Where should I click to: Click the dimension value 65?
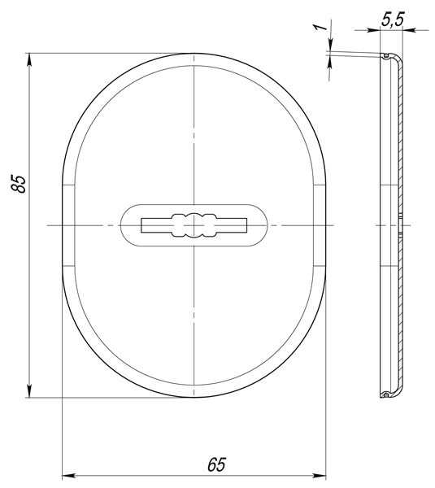(215, 464)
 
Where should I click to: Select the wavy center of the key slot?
(194, 224)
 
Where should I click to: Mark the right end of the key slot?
(246, 224)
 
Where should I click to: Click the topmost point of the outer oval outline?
(194, 54)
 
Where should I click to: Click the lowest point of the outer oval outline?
(194, 398)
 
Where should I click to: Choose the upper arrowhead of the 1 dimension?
(328, 49)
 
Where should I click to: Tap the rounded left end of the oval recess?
(122, 224)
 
